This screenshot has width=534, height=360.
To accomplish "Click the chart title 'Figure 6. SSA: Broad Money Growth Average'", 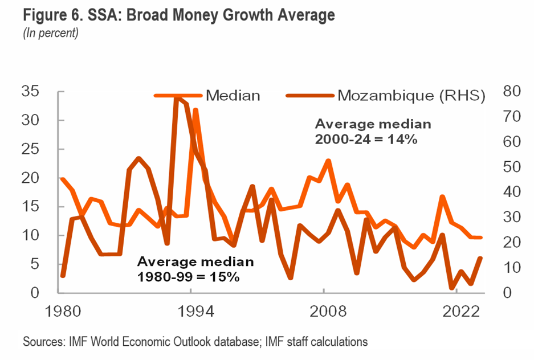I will [178, 15].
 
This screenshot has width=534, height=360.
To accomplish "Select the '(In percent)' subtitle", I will [50, 34].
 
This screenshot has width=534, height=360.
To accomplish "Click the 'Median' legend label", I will [233, 95].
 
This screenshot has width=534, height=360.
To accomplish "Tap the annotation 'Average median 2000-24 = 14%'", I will [373, 132].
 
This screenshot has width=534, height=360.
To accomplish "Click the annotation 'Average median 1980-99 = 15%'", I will [195, 269].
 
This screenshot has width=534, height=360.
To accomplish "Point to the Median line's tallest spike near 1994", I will [195, 109].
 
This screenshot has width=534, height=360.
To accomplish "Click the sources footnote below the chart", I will [195, 342].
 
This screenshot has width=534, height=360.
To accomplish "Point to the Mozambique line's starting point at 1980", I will [62, 276].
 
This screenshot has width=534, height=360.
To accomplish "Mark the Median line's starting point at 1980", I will [62, 178].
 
